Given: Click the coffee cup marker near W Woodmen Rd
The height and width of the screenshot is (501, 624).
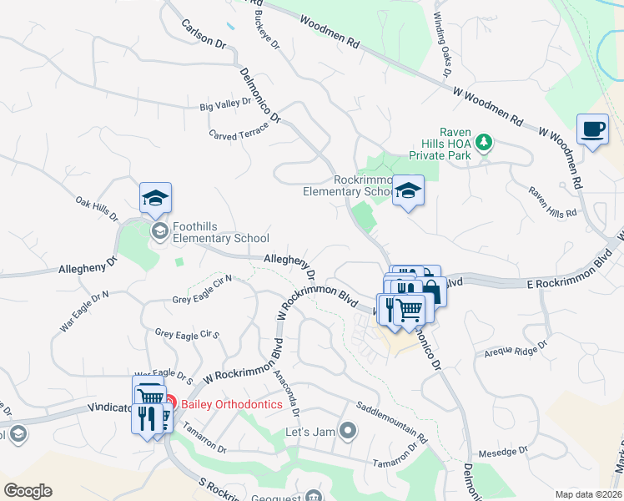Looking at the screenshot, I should pos(593,130).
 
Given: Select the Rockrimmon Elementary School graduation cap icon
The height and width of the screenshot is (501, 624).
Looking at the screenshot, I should pos(408,192).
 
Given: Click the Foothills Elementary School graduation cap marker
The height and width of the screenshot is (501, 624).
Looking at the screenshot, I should pos(155,199).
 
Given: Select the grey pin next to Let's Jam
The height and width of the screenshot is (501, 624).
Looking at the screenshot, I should pos(349,432).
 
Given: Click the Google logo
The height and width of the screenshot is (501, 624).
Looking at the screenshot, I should pos(28,490).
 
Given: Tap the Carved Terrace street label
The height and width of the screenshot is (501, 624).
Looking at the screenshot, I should pos(239,132).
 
